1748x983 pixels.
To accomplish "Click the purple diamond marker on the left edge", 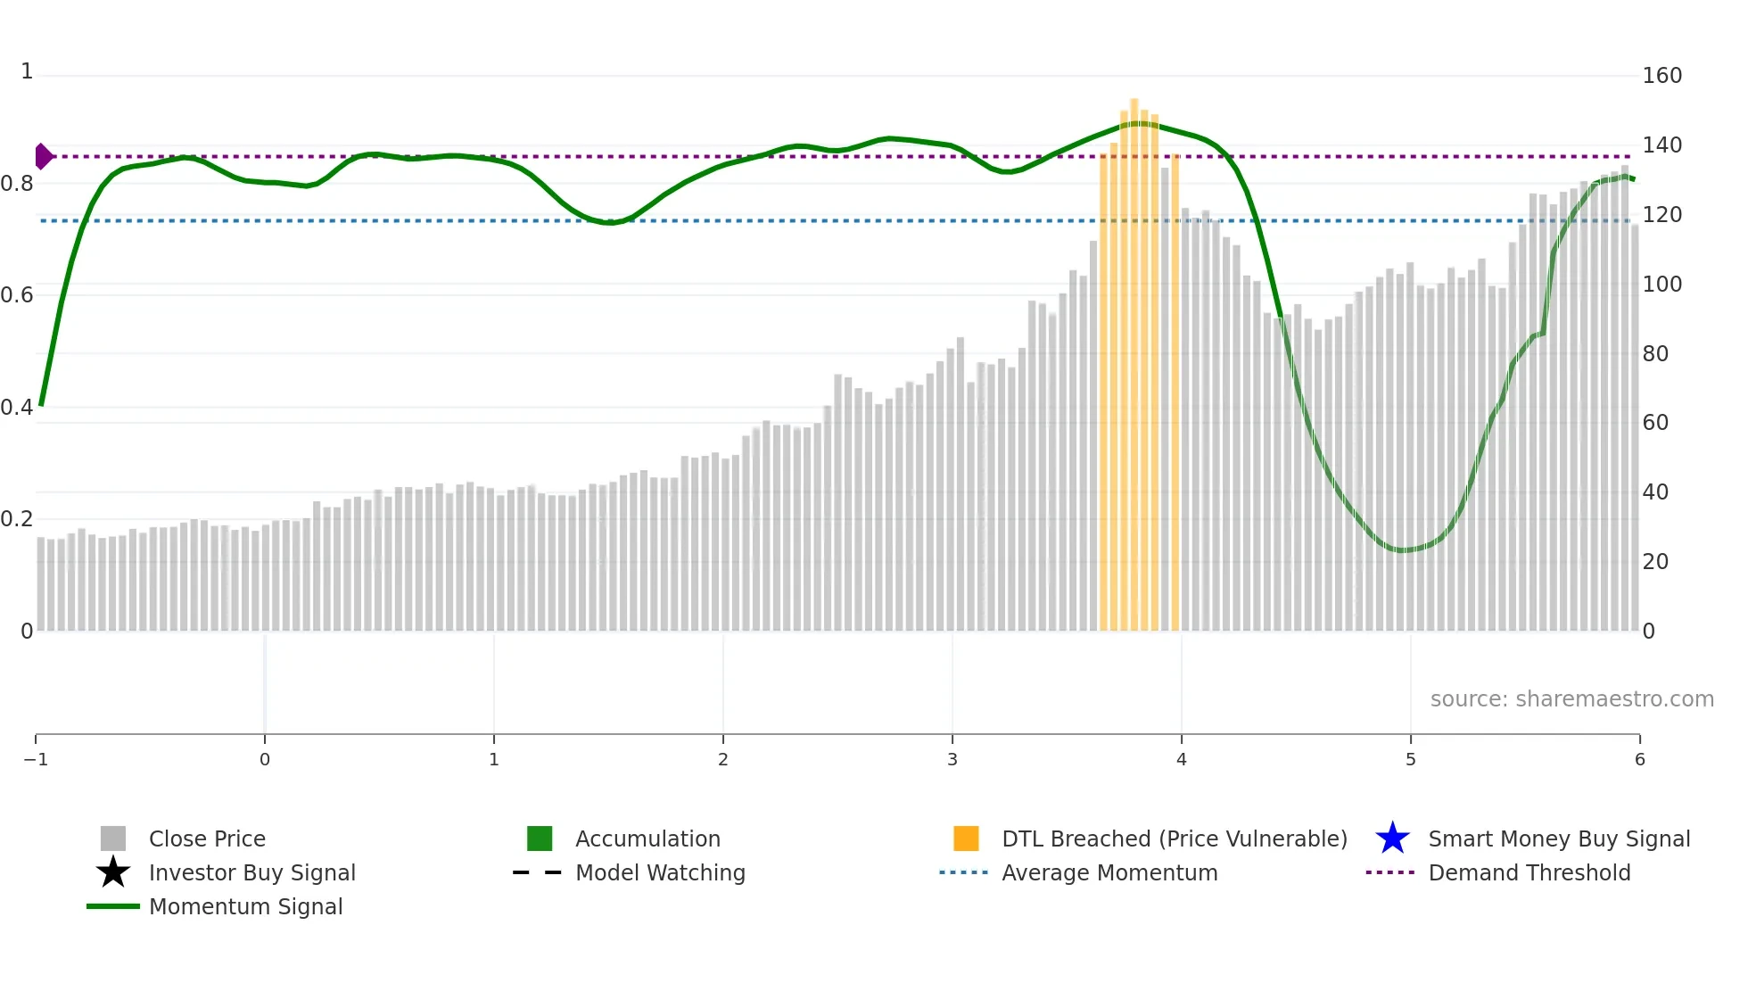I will (43, 156).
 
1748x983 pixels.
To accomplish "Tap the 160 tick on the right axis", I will (1661, 76).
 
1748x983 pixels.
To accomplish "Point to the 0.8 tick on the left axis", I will (17, 184).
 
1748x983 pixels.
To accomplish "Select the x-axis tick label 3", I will (952, 759).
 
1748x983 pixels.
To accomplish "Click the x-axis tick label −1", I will (36, 759).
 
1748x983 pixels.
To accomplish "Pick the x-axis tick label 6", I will (1639, 759).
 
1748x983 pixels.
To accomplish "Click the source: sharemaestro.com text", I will (1571, 699).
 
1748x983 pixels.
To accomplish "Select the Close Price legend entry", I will (207, 838).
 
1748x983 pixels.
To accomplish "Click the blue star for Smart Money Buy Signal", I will (1392, 838).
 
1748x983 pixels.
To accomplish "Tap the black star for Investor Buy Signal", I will (113, 872).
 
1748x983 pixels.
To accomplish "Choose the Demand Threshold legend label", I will (1529, 872).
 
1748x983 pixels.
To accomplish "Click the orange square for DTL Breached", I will (966, 838).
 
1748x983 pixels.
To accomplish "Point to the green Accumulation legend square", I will (540, 838).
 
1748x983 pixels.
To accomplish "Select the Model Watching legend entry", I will (660, 872).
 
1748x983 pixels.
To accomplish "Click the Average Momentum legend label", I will (1109, 872).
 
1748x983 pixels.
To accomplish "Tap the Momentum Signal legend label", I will (245, 906).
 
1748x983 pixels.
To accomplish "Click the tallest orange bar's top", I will (1134, 101).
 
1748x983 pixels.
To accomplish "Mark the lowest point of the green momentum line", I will (1403, 550).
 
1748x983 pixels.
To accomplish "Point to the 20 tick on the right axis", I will (1655, 562).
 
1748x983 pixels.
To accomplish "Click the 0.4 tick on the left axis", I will (17, 408).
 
